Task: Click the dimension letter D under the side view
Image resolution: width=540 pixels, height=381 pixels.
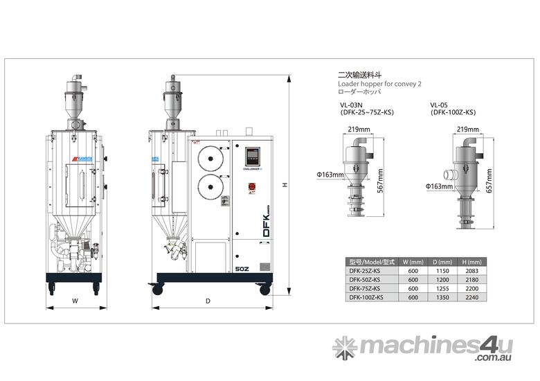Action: click(x=207, y=301)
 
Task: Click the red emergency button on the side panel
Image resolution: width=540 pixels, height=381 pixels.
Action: click(x=251, y=186)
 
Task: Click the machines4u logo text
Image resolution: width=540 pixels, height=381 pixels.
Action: click(x=435, y=346)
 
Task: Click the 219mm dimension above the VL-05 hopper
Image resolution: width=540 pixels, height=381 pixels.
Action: click(x=468, y=129)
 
